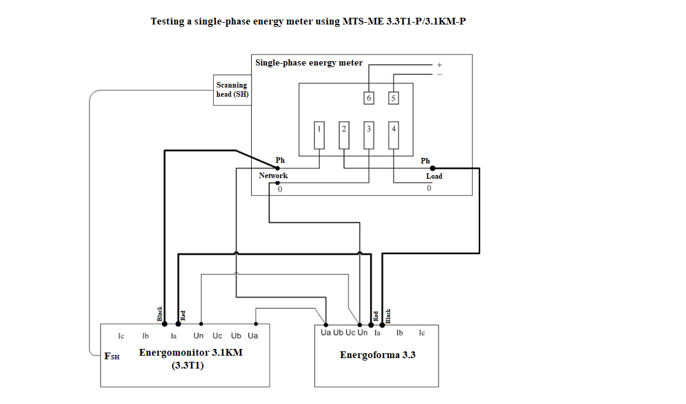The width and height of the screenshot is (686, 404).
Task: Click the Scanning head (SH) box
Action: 232,90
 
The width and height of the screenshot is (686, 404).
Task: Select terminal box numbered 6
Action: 369,98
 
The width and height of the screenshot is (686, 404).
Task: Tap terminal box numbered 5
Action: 393,98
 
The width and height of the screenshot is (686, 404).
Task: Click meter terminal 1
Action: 319,135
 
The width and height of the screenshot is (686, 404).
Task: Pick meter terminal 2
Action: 344,135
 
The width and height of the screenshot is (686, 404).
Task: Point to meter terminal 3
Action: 369,135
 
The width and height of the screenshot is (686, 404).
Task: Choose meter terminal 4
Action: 394,135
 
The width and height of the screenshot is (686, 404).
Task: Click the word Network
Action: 273,175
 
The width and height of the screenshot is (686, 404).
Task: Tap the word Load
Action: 434,176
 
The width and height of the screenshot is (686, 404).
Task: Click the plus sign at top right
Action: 440,65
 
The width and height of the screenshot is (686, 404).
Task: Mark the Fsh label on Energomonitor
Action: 112,356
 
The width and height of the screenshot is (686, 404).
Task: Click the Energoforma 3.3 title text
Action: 377,354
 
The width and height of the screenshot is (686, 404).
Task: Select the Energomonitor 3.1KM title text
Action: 190,353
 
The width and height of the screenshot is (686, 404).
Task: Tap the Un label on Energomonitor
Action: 198,336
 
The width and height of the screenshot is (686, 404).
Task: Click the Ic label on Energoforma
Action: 422,333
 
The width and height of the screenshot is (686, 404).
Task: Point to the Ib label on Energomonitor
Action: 145,336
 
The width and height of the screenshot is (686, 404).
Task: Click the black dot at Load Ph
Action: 432,168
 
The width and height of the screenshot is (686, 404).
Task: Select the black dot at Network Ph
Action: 277,168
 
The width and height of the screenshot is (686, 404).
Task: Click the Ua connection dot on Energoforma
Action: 326,325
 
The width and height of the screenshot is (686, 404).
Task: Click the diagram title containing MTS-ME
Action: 309,21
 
